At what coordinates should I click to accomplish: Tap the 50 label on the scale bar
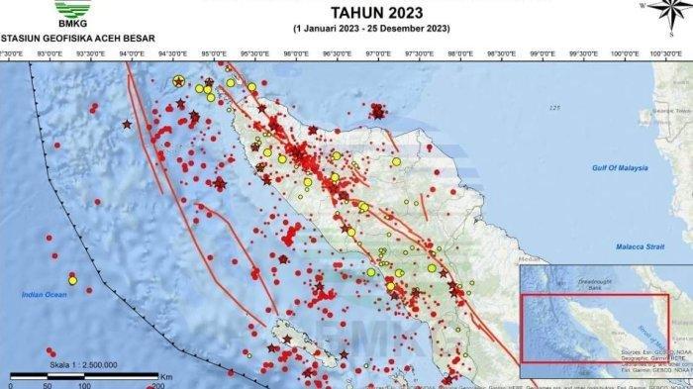[x=49, y=384]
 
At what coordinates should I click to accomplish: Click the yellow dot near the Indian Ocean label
[x=72, y=280]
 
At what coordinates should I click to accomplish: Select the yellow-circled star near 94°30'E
[x=178, y=81]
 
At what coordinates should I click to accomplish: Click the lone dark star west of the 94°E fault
[x=127, y=124]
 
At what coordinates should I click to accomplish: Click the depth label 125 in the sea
[x=555, y=107]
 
